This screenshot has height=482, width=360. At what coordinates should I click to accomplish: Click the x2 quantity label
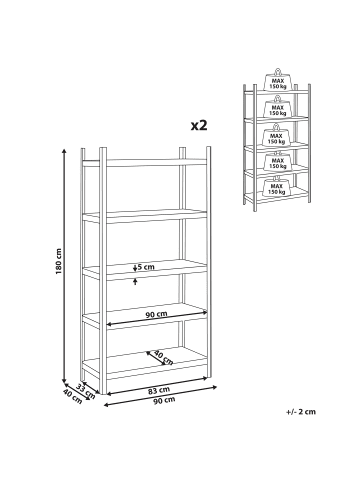[199, 125]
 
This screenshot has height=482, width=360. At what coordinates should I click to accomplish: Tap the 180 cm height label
[59, 261]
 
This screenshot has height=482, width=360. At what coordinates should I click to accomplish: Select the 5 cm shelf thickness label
[146, 267]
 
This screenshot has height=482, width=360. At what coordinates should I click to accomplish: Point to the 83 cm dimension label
[159, 390]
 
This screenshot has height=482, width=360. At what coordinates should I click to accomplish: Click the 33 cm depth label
[86, 391]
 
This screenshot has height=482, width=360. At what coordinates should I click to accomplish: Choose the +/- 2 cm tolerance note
[301, 412]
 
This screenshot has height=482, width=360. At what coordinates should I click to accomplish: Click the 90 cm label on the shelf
[156, 314]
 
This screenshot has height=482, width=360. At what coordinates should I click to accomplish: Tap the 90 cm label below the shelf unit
[164, 400]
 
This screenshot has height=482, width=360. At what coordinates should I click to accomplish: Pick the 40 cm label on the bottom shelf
[164, 358]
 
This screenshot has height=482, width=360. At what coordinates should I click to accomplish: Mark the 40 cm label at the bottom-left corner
[72, 396]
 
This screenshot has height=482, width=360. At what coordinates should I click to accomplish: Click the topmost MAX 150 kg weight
[278, 80]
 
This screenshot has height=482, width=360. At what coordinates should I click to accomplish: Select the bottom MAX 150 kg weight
[277, 186]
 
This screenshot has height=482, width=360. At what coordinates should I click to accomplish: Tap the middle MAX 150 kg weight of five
[277, 135]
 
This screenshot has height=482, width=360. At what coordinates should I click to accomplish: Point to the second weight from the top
[278, 106]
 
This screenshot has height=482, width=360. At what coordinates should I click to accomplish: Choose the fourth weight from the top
[277, 161]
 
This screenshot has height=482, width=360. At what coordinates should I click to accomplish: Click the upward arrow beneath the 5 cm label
[135, 282]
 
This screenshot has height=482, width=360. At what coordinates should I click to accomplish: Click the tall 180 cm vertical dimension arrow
[64, 266]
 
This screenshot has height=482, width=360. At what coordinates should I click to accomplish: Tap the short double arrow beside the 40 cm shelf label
[156, 358]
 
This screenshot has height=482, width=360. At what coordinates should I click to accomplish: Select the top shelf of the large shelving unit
[145, 163]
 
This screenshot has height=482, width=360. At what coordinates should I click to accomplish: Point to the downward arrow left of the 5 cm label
[135, 268]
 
